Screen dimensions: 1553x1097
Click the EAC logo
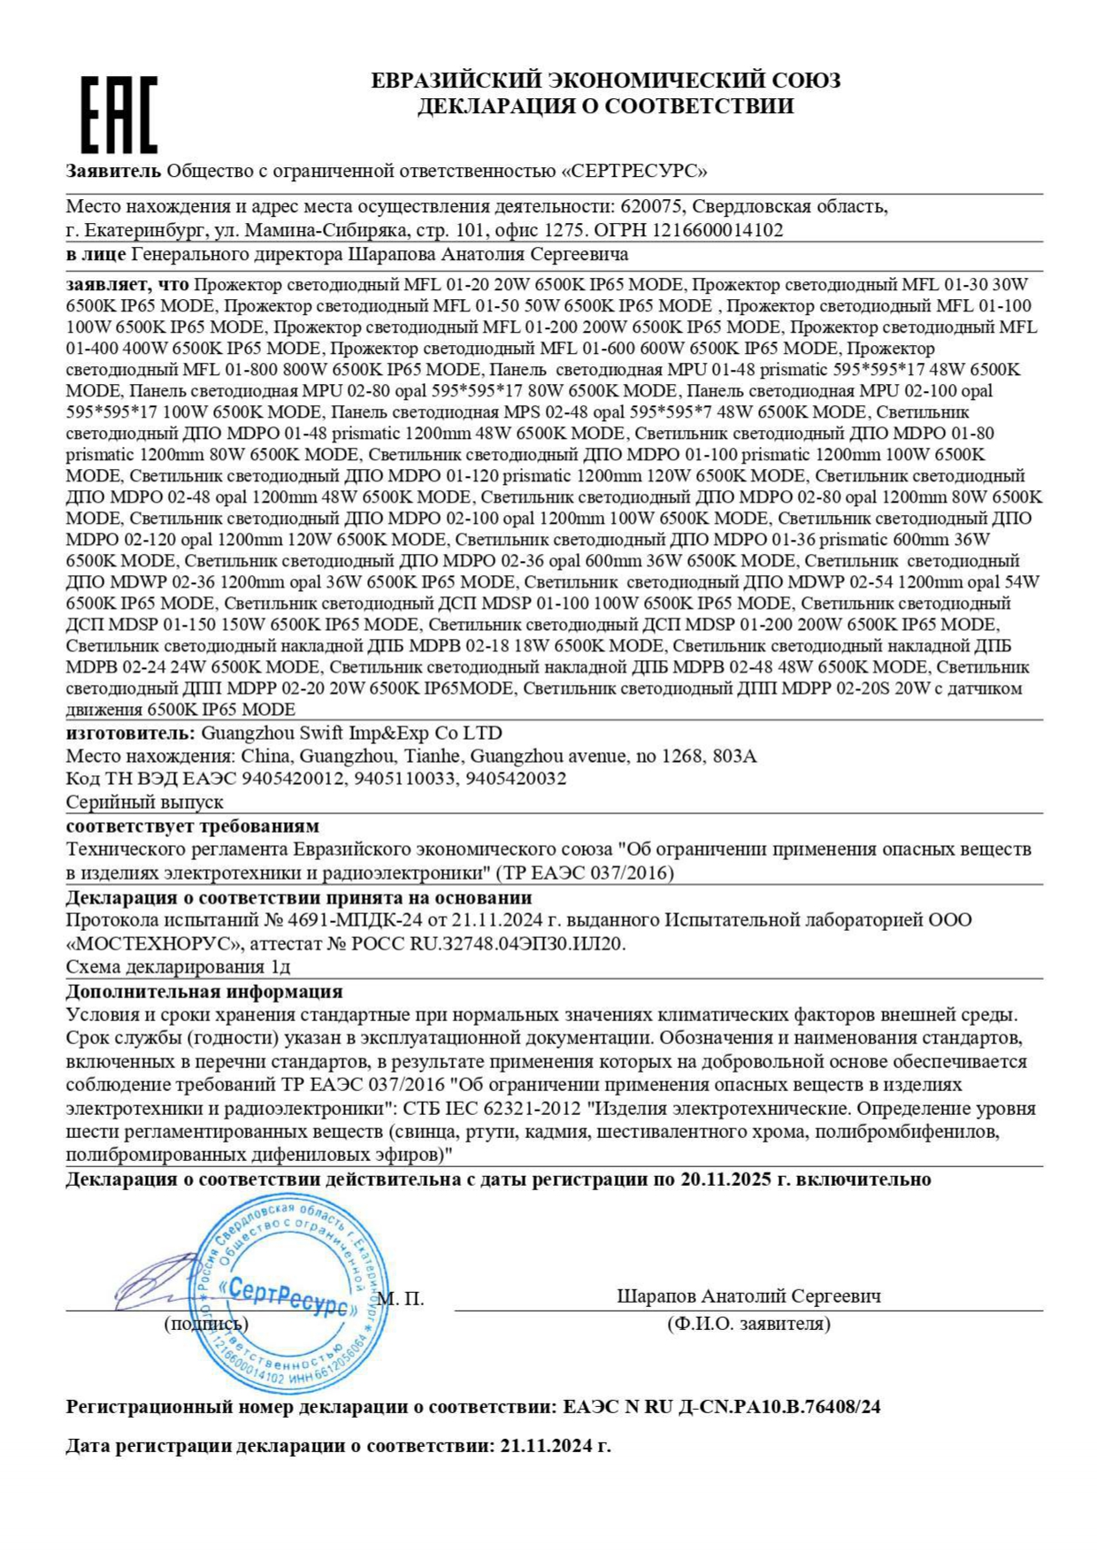pos(119,114)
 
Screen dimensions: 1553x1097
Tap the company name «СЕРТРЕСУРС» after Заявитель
pos(634,171)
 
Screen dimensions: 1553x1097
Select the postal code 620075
pos(651,207)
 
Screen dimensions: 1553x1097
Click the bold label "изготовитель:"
pos(130,733)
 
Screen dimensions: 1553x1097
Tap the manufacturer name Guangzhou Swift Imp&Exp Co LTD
pos(351,733)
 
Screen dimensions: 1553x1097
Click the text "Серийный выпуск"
pos(144,802)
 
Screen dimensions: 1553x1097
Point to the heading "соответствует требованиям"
pos(192,826)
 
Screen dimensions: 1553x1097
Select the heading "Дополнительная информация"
pos(203,991)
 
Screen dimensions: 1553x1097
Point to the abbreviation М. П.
pos(401,1298)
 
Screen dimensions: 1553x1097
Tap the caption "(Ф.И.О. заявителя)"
pos(748,1324)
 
